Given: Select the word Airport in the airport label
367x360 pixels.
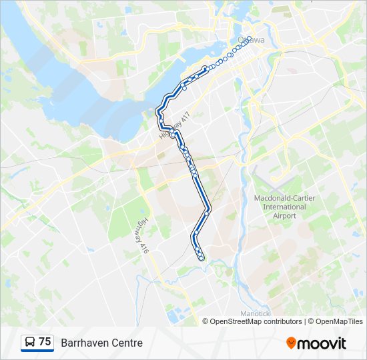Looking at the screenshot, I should click(x=284, y=215).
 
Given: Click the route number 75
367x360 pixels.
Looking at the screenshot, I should click(x=45, y=342).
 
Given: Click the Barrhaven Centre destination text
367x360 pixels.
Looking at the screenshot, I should click(x=101, y=343).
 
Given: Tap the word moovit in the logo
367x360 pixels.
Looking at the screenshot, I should click(x=322, y=343).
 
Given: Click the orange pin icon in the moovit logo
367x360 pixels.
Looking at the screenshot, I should click(x=291, y=343).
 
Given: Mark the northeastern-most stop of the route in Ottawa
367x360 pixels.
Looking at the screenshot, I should click(x=250, y=38).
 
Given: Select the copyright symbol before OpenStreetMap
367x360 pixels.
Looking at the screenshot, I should click(x=206, y=321).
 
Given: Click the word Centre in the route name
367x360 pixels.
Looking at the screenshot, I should click(x=127, y=343).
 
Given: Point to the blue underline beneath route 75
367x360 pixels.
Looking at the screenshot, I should click(x=37, y=351).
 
